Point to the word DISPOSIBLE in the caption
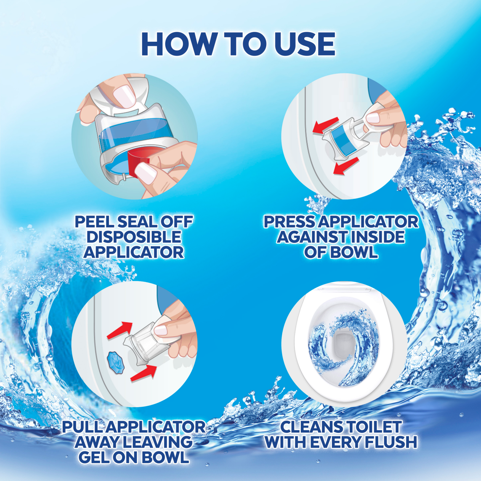pyautogui.click(x=134, y=237)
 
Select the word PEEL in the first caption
pyautogui.click(x=94, y=222)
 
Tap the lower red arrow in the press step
pyautogui.click(x=346, y=166)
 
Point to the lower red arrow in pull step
pyautogui.click(x=144, y=373)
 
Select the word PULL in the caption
pyautogui.click(x=83, y=427)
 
